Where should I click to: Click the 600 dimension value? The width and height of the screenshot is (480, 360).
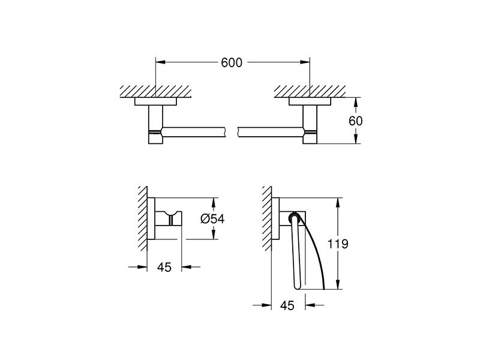tap(232, 62)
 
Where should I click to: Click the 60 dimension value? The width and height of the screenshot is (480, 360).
tap(355, 121)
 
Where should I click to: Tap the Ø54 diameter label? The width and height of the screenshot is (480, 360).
tap(212, 218)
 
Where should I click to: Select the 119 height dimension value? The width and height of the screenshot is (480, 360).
tap(338, 244)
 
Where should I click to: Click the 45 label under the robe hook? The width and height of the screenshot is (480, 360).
tap(164, 267)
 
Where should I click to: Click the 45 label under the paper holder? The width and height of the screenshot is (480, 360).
tap(287, 305)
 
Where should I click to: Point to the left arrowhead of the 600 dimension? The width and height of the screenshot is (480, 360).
tap(161, 62)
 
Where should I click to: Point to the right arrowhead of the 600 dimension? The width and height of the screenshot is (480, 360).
tap(305, 62)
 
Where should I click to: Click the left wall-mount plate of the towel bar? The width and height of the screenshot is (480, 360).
tap(155, 101)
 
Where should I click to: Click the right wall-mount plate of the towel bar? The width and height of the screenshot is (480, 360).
tap(310, 101)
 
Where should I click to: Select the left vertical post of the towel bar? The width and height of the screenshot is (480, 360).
tap(155, 124)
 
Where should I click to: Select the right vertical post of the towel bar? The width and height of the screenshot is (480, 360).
tap(310, 124)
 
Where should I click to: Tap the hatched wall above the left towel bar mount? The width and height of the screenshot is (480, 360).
tap(155, 92)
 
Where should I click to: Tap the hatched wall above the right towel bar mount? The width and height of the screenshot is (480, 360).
tap(310, 92)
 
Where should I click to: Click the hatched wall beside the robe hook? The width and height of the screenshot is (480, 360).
tap(143, 218)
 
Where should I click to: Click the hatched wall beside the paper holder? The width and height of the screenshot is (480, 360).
tap(266, 218)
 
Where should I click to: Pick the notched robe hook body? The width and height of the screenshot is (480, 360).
tap(169, 218)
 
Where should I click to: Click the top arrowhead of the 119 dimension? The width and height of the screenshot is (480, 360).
tap(338, 203)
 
